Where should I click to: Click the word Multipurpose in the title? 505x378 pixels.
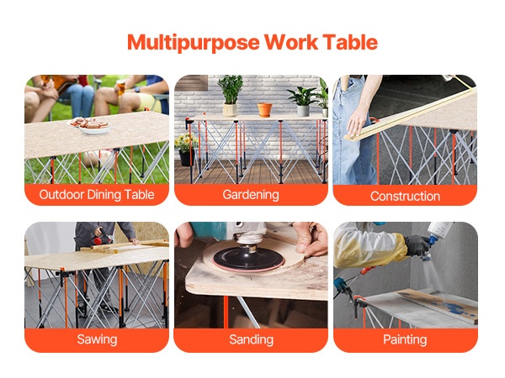[194, 43]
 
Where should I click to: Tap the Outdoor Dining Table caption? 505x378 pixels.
[97, 195]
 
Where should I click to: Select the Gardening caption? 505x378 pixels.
[251, 195]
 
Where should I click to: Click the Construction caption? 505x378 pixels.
[405, 197]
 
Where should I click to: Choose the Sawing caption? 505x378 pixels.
[97, 339]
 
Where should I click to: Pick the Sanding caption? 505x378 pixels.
[251, 339]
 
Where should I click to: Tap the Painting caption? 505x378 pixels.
[405, 339]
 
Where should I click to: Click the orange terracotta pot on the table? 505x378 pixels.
[264, 110]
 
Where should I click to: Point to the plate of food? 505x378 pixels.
[89, 125]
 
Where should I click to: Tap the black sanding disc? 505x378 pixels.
[247, 258]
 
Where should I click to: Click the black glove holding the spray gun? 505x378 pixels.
[417, 245]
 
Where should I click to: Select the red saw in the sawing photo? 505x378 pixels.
[102, 239]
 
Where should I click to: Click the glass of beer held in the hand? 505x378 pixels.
[121, 87]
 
